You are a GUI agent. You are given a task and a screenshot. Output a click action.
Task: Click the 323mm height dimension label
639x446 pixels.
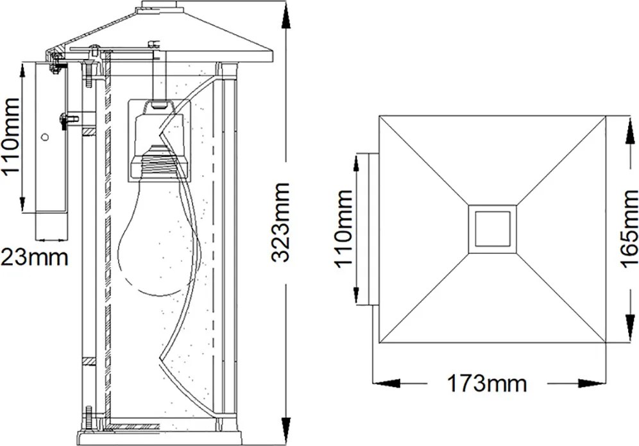tap(281, 223)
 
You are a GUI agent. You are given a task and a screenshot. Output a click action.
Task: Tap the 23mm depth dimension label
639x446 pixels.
tap(35, 257)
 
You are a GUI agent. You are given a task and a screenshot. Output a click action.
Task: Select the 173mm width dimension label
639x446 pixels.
tap(486, 384)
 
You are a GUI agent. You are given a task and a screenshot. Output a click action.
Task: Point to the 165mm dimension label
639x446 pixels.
tap(629, 229)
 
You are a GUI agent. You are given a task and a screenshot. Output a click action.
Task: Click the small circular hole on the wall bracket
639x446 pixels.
tap(46, 137)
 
